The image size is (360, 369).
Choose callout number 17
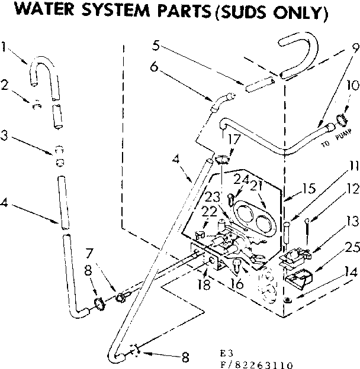[x=234, y=142]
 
